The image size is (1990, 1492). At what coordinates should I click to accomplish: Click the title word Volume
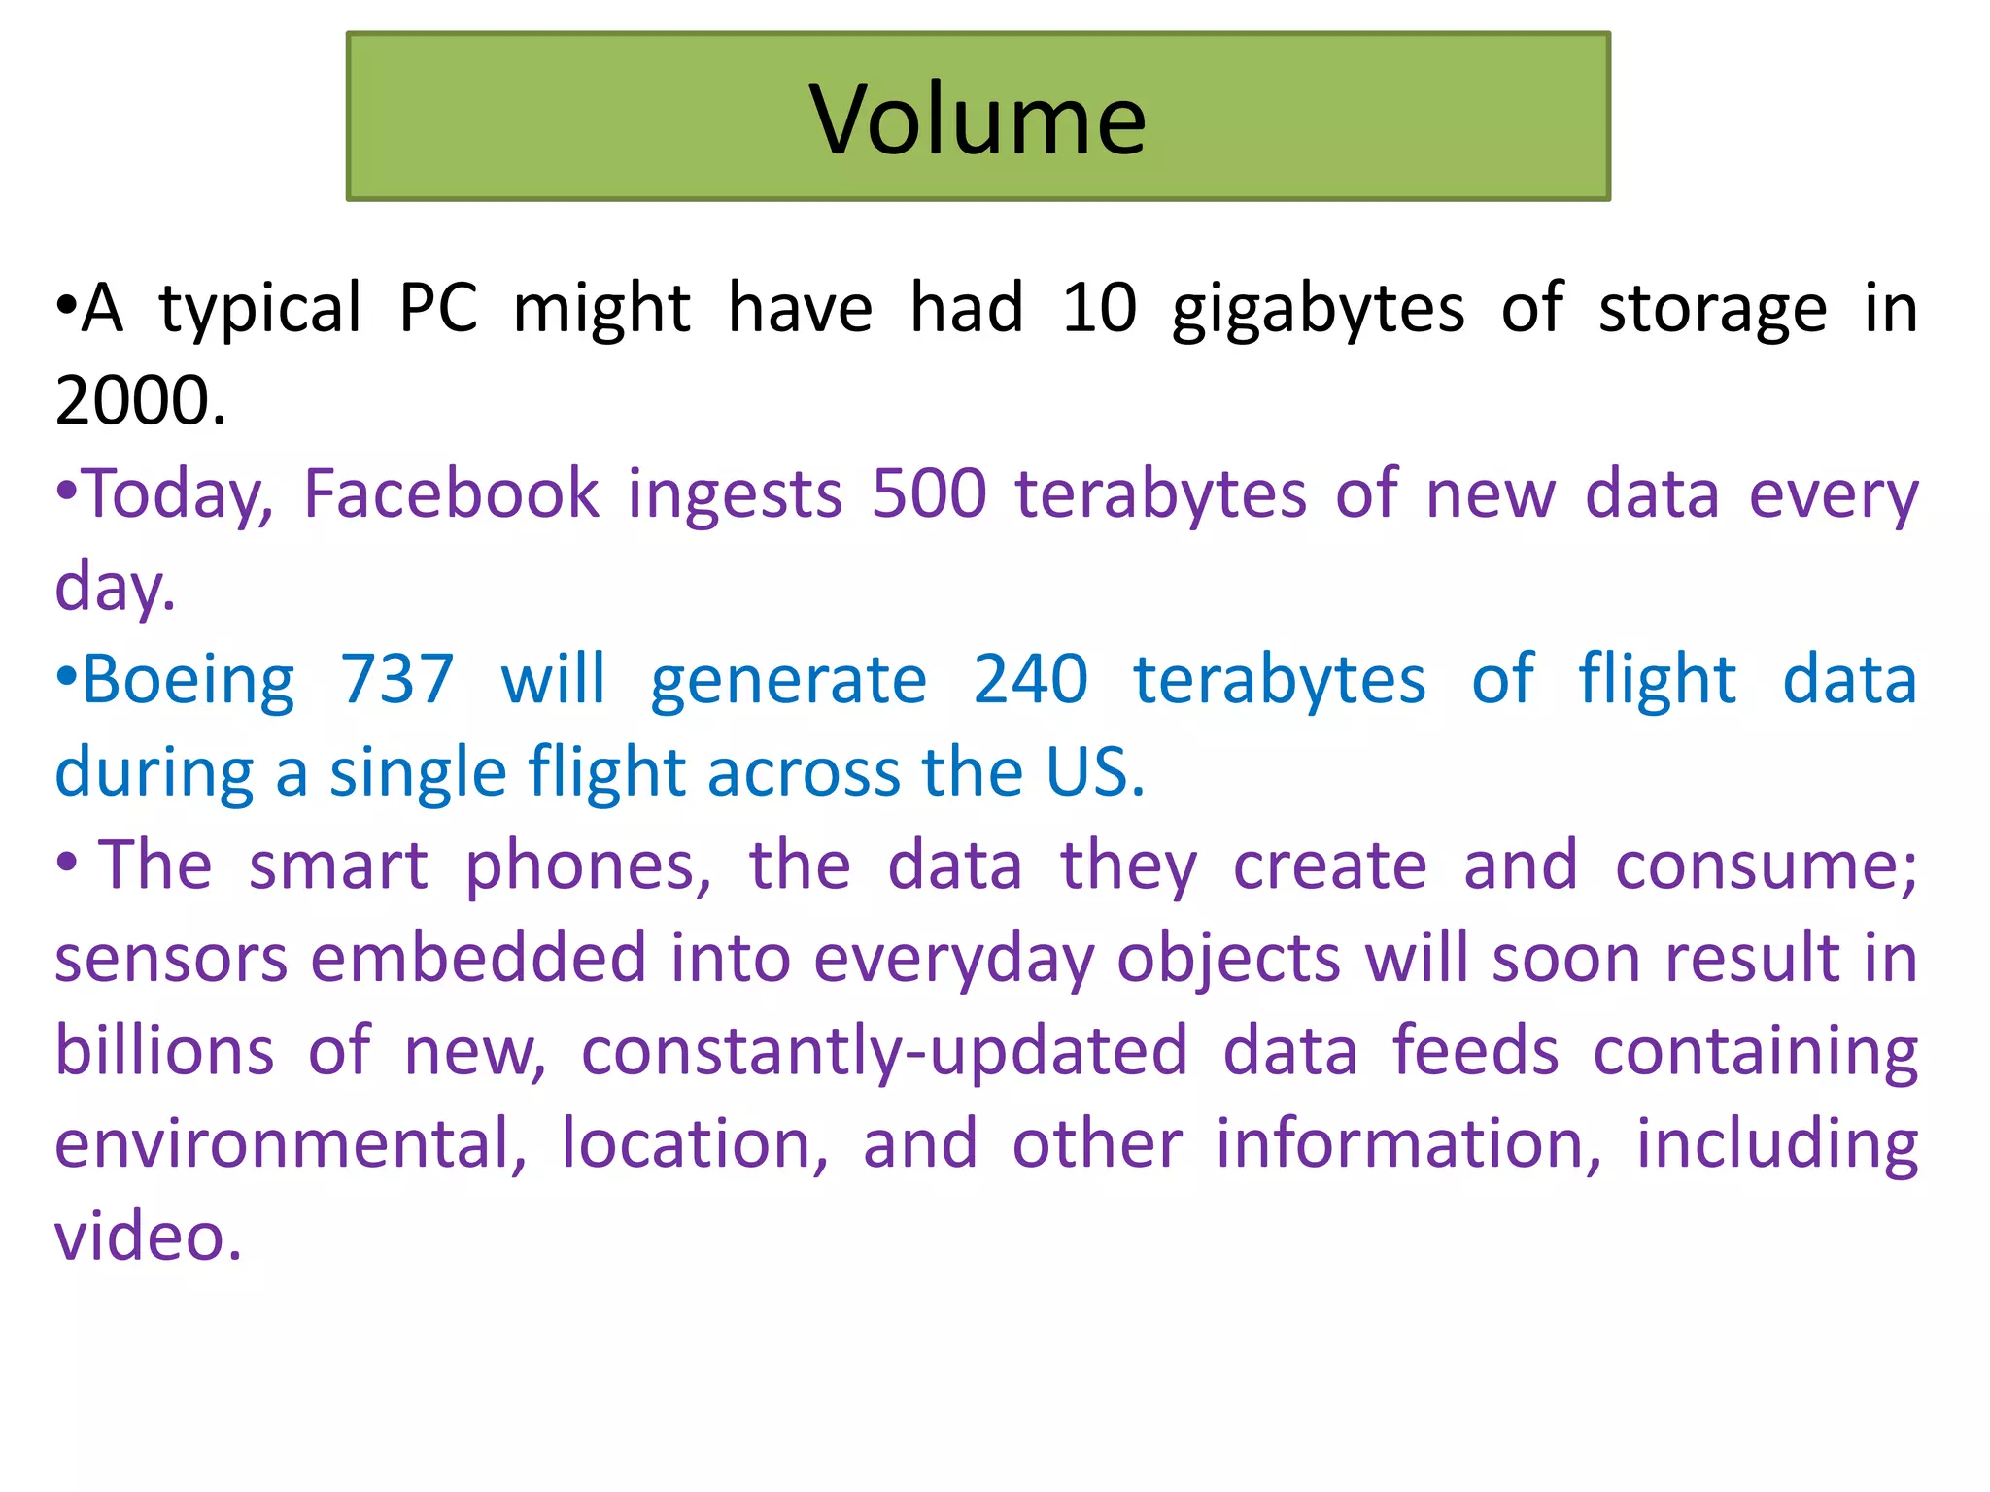tap(978, 119)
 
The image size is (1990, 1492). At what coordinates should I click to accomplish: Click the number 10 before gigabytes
tap(1099, 309)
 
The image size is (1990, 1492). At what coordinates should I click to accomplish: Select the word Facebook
tap(452, 493)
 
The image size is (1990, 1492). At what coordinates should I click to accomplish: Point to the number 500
tap(929, 493)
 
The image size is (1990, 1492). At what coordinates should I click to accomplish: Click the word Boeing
tap(189, 680)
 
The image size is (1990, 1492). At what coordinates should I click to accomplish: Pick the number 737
tap(396, 679)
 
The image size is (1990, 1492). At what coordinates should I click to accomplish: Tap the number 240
tap(1030, 679)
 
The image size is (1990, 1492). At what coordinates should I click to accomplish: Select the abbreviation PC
tap(438, 309)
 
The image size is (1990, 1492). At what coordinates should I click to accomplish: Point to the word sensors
tap(171, 959)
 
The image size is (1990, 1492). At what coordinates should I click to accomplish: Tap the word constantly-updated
tap(884, 1052)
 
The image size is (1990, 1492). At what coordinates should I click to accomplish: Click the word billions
tap(164, 1051)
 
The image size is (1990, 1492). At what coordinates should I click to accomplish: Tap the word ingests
tap(735, 495)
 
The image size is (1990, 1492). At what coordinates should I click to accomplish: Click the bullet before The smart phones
tap(66, 863)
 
